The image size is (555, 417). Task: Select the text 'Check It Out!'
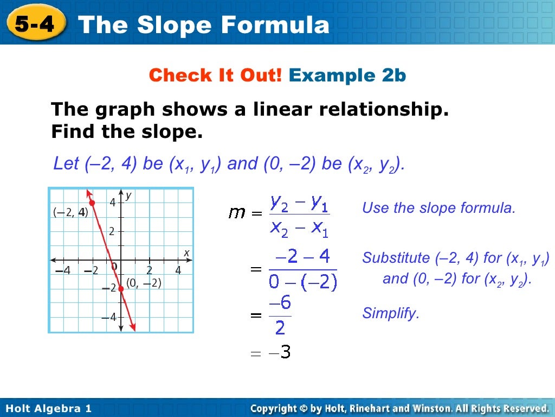215,75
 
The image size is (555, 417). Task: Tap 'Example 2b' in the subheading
347,75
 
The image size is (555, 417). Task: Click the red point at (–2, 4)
92,203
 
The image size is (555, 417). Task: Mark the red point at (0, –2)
121,289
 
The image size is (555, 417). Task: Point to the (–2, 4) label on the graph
69,212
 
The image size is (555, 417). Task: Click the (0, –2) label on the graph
144,283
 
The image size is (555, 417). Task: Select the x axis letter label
186,252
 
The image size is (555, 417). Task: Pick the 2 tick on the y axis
112,231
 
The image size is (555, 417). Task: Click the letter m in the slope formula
237,213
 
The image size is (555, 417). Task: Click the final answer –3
282,353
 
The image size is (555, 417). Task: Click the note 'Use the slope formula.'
438,207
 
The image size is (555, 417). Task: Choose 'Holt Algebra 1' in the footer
49,408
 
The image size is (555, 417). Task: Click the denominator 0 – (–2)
303,281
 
